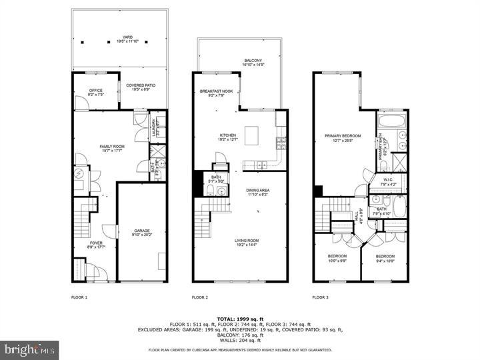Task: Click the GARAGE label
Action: (x=141, y=231)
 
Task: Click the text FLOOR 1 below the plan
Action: (x=79, y=297)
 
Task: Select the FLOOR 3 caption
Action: (x=321, y=297)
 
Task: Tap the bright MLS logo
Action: (x=29, y=349)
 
